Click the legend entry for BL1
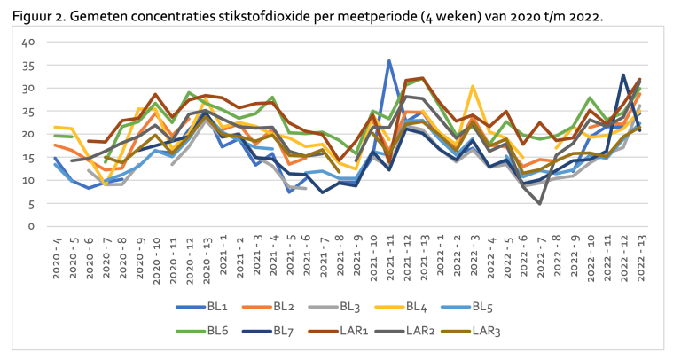[x=202, y=307]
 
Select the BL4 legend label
[x=401, y=307]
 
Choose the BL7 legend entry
[x=268, y=332]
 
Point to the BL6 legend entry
[x=202, y=332]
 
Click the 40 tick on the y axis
[x=28, y=43]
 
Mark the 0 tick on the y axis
[x=31, y=226]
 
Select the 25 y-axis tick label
[x=28, y=111]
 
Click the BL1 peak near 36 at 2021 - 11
[x=389, y=61]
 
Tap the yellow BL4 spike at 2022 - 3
[x=473, y=86]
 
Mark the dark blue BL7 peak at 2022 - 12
[x=623, y=74]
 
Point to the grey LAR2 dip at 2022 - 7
[x=539, y=203]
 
